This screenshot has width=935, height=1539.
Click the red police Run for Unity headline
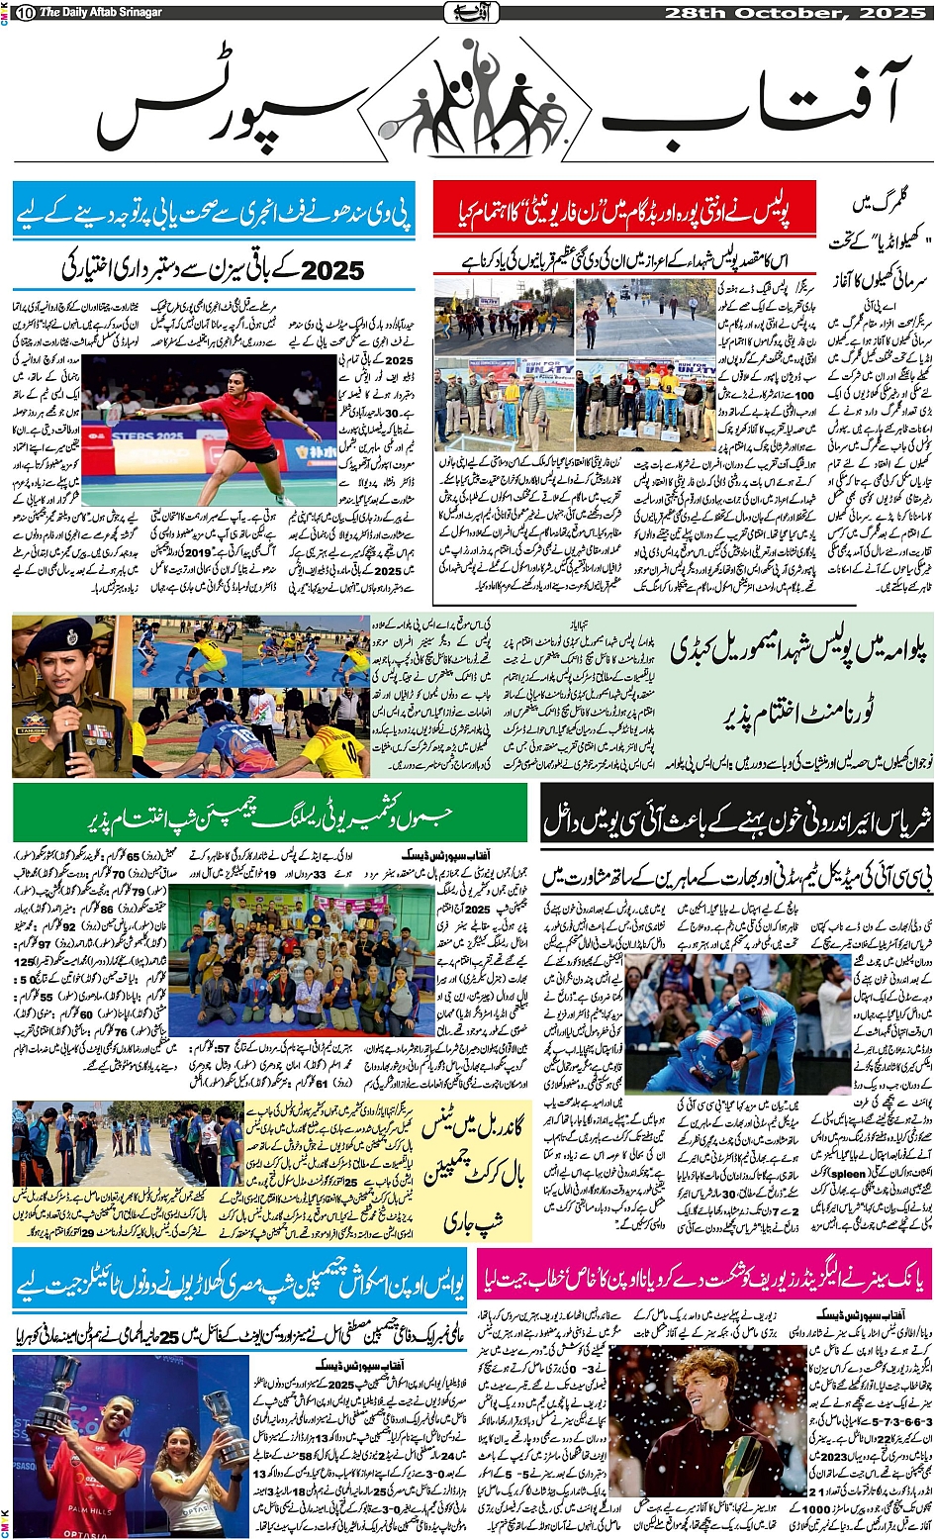pos(625,209)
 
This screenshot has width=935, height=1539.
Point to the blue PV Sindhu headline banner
pos(215,210)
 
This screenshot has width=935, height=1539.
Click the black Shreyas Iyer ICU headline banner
pos(736,820)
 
